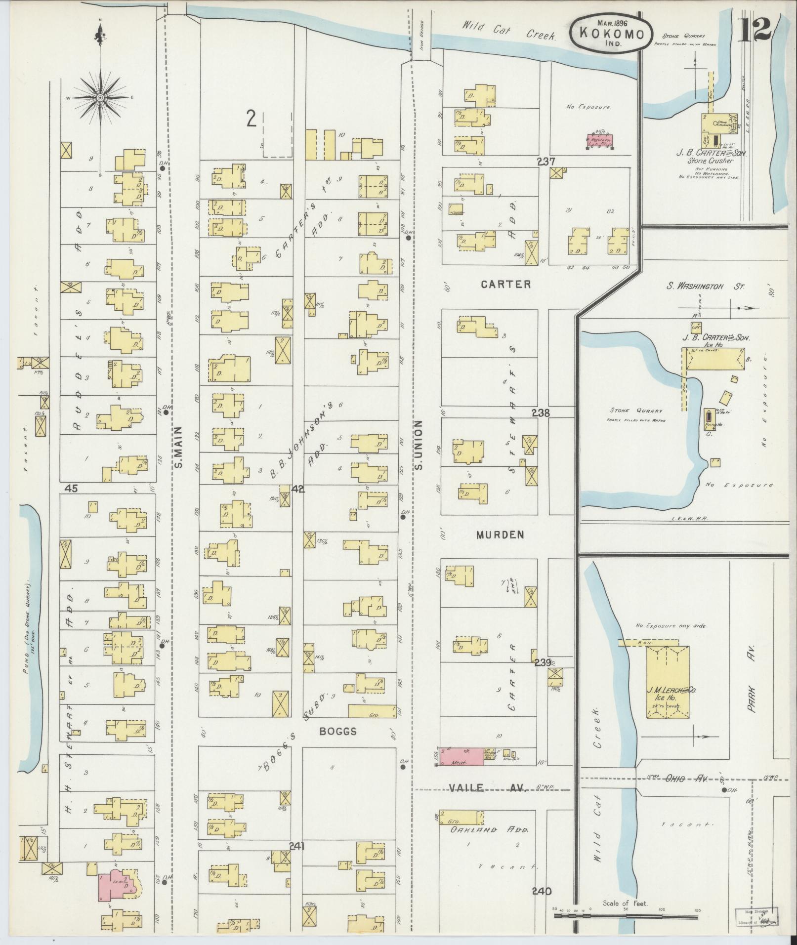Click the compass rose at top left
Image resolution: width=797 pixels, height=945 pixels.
[x=100, y=97]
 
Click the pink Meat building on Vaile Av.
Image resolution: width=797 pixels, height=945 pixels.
[x=461, y=770]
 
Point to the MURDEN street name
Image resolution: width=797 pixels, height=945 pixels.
[x=501, y=535]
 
